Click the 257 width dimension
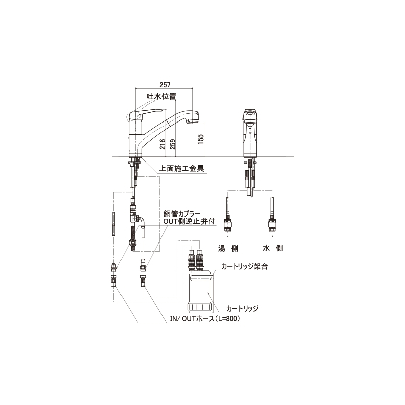tap(165, 85)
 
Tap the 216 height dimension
tap(162, 144)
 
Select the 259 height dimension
tap(173, 144)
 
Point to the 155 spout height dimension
tap(200, 139)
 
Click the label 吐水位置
tap(161, 96)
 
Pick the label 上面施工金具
tap(182, 168)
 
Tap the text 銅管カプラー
tap(182, 214)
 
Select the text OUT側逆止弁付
tap(189, 221)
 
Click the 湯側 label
tap(228, 248)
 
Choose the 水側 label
tap(273, 248)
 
